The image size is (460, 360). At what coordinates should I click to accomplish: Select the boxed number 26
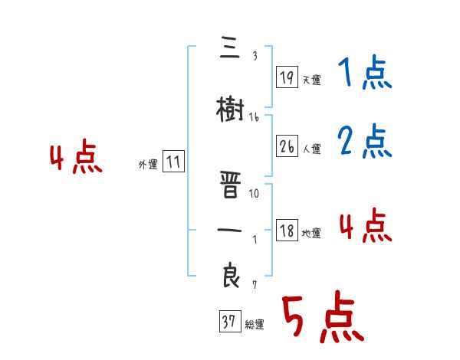286,147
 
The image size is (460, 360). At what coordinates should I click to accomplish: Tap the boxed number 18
286,231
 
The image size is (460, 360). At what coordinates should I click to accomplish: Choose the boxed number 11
174,162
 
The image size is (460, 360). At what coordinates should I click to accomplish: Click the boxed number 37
229,322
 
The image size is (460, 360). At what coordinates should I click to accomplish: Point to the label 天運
311,80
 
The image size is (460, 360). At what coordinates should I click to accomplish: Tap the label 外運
147,165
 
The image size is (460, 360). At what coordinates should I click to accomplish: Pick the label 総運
255,325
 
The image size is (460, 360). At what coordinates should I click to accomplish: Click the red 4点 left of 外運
75,159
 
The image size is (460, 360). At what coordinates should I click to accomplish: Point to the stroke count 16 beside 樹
254,117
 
